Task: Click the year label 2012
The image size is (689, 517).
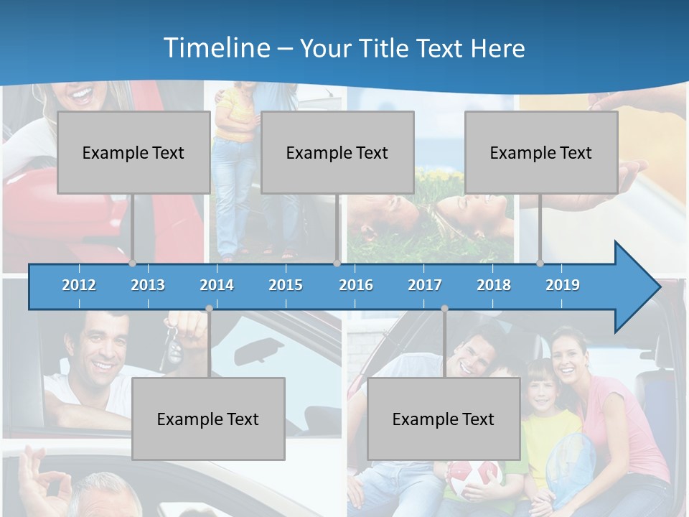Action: pyautogui.click(x=79, y=285)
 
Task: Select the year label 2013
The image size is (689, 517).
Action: pyautogui.click(x=148, y=285)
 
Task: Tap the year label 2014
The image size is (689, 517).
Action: pyautogui.click(x=217, y=285)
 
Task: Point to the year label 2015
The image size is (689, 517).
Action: pyautogui.click(x=286, y=285)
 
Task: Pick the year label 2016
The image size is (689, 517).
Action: pyautogui.click(x=356, y=285)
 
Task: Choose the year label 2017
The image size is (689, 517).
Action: pyautogui.click(x=425, y=285)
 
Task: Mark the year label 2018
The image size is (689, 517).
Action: pyautogui.click(x=494, y=285)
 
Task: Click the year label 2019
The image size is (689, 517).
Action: pyautogui.click(x=563, y=285)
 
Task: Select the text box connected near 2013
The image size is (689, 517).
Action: pyautogui.click(x=133, y=152)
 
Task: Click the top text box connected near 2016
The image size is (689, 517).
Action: pyautogui.click(x=337, y=152)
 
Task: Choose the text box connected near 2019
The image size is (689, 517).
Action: pyautogui.click(x=541, y=152)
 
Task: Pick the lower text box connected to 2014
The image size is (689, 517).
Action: pyautogui.click(x=208, y=419)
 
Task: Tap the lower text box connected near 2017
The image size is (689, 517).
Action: pyautogui.click(x=444, y=419)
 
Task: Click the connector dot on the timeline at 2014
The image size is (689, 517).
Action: pyautogui.click(x=209, y=308)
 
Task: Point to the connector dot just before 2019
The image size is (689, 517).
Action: pyautogui.click(x=540, y=263)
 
